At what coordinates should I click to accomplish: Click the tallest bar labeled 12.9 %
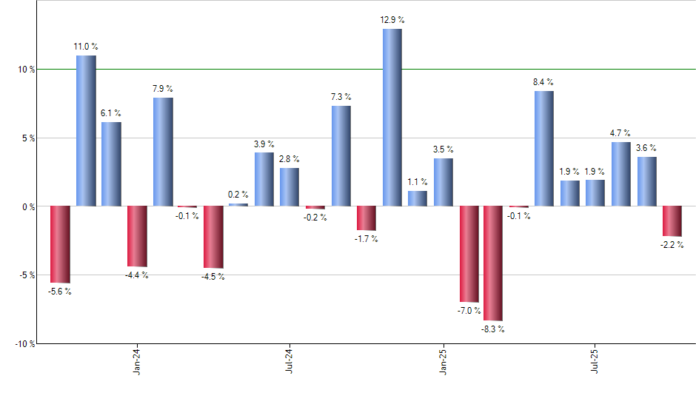[392, 117]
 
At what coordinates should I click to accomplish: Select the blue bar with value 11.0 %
[86, 130]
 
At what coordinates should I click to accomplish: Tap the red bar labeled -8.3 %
[493, 263]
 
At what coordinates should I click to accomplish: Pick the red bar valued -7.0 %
[469, 254]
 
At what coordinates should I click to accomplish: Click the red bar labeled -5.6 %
[60, 244]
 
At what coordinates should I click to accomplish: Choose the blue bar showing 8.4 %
[543, 148]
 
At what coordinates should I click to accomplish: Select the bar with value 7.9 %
[163, 152]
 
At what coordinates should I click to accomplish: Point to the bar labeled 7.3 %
[341, 155]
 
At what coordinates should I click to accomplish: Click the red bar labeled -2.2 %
[672, 221]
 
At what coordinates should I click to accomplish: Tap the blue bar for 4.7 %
[621, 174]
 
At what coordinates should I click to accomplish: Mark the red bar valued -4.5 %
[213, 237]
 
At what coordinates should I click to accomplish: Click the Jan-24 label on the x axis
[137, 360]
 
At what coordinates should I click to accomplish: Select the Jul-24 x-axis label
[290, 360]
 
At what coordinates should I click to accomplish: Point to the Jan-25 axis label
[444, 360]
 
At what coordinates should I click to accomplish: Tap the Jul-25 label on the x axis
[596, 360]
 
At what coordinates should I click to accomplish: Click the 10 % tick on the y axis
[26, 70]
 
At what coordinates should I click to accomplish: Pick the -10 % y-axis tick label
[24, 343]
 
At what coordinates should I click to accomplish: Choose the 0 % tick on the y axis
[28, 206]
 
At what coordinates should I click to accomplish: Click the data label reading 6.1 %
[111, 113]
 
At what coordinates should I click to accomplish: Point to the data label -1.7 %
[366, 239]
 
